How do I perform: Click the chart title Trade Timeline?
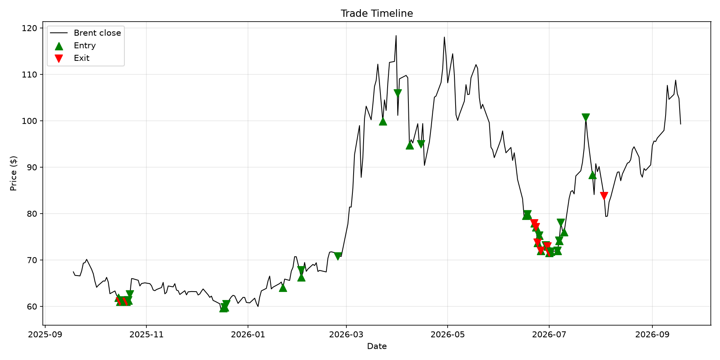coord(377,14)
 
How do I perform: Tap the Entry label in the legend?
coord(85,46)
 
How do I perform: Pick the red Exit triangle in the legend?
coord(59,58)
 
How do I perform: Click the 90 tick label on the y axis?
coord(33,168)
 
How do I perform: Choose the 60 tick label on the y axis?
coord(33,307)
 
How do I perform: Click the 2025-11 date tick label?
coord(146,334)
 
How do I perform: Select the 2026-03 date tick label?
coord(346,334)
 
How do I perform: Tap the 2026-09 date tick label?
coord(652,334)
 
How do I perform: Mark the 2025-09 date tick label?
coord(45,334)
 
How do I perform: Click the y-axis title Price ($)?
coord(14,174)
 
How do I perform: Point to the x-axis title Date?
coord(377,346)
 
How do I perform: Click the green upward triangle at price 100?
coord(383,121)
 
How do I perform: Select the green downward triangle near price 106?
coord(398,93)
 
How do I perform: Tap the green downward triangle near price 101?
coord(586,117)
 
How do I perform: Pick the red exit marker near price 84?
coord(604,196)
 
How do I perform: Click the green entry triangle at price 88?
coord(592,175)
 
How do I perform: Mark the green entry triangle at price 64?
coord(283,288)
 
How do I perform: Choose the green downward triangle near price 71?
coord(338,256)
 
